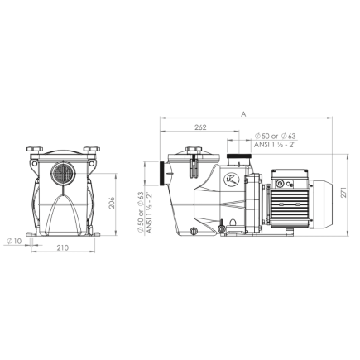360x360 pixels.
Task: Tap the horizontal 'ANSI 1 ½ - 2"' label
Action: point(276,143)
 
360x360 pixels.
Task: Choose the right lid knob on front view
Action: point(88,151)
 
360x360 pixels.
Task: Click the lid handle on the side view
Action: point(194,151)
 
